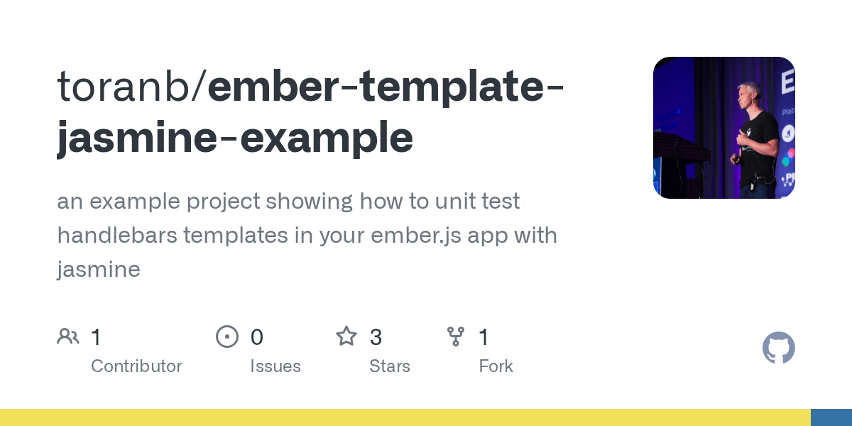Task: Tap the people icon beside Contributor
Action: pos(68,337)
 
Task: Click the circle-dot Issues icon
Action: pos(227,337)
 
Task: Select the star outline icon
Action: pos(346,337)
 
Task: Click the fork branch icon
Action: pos(456,337)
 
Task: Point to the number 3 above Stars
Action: pos(376,337)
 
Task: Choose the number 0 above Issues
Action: pos(257,337)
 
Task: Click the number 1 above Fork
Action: pos(484,337)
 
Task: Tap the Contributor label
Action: pos(136,366)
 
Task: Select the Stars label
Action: pos(390,366)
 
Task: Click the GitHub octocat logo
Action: pos(779,348)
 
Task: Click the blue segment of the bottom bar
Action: pos(831,417)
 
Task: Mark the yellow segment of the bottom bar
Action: pos(405,417)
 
